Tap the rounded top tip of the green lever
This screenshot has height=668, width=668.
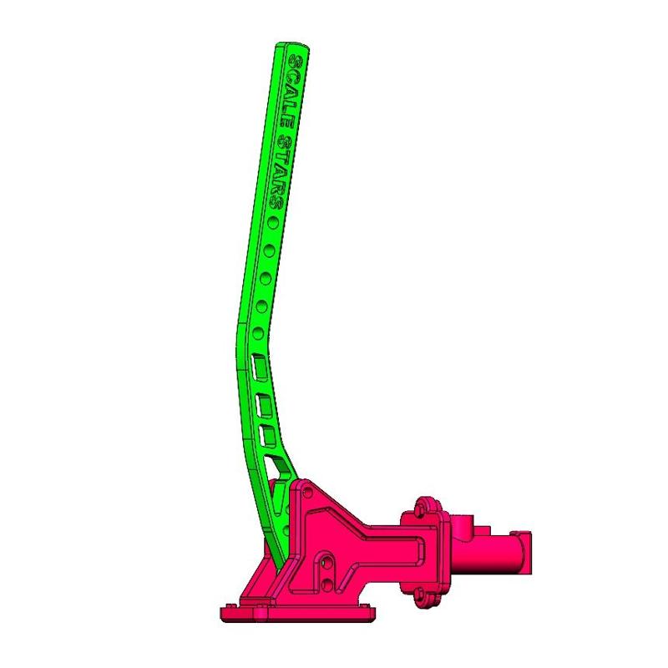(x=290, y=47)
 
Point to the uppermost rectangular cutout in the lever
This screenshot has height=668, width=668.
(x=261, y=364)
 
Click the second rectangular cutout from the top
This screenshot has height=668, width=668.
(x=266, y=405)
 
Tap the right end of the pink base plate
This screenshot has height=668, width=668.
(x=367, y=612)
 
